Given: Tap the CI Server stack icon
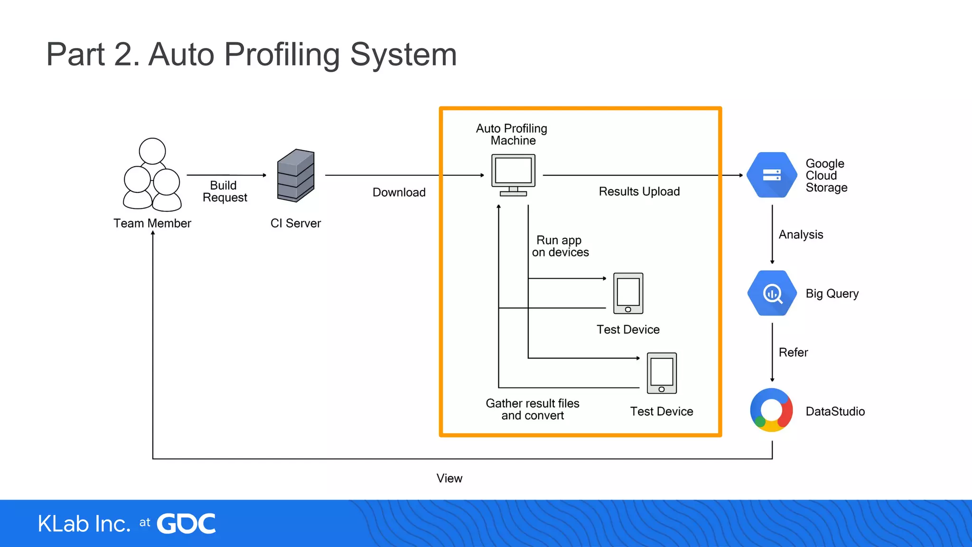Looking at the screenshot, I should click(296, 176).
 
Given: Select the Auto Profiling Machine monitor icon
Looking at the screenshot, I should click(513, 174).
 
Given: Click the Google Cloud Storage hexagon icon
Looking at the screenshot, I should click(772, 175).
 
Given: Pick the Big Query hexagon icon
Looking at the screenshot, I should click(772, 293).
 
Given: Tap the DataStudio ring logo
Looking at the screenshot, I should click(771, 410).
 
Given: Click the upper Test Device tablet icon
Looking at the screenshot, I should click(628, 293).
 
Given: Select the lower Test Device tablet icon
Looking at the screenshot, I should click(662, 373).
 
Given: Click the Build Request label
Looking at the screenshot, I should click(224, 191).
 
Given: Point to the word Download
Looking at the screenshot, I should click(399, 192).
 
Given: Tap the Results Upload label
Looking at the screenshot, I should click(639, 191).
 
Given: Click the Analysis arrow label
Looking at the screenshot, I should click(801, 235).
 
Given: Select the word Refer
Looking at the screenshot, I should click(793, 352).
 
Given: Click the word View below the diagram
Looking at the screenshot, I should click(449, 478).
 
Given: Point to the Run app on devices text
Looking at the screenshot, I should click(560, 246).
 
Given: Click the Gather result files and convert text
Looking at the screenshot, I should click(533, 409).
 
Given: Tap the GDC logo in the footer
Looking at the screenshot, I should click(186, 524).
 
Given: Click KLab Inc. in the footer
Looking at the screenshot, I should click(84, 524).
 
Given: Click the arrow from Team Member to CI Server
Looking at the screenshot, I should click(226, 175).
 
